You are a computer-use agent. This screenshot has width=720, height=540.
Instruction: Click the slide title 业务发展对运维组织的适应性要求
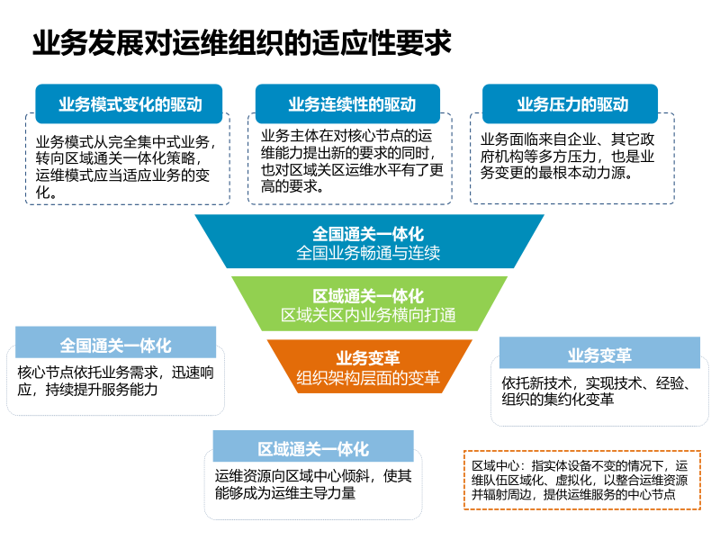coord(241,42)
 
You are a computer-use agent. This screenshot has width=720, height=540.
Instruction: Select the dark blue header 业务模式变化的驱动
coord(130,104)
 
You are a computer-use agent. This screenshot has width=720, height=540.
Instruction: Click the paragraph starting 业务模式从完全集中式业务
coord(126,166)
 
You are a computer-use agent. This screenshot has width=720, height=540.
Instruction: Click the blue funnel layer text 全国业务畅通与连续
coord(368,253)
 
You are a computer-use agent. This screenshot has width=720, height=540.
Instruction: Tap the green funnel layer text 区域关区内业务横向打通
coord(368,315)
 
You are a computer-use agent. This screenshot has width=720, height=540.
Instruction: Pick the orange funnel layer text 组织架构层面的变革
coord(368,378)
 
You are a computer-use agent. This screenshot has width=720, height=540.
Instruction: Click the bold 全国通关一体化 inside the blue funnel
coord(368,234)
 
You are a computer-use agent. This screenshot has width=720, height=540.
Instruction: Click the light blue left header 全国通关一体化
coord(116,346)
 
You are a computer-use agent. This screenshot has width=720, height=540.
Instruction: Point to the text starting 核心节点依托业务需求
coord(115,381)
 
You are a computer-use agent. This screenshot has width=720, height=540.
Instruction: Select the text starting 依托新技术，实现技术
coord(596,391)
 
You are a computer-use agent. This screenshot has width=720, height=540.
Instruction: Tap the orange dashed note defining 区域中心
coord(580,481)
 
